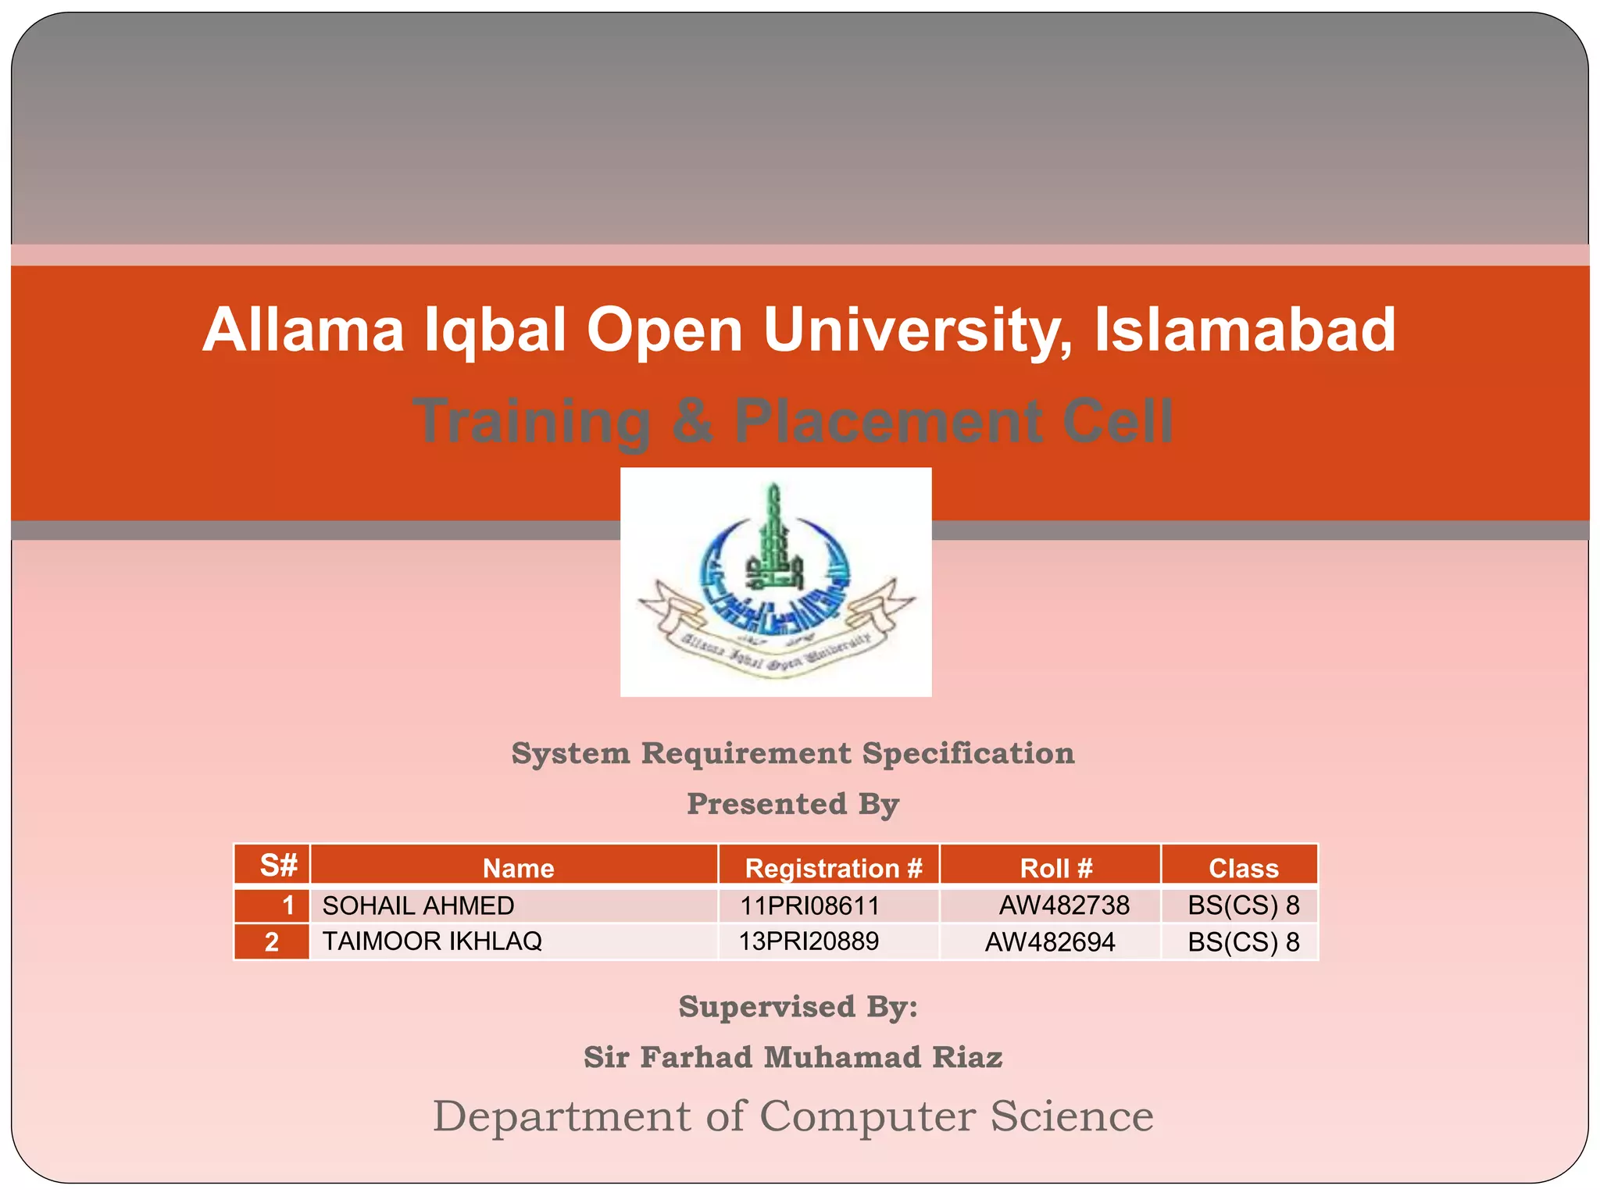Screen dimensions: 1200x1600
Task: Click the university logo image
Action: coord(775,581)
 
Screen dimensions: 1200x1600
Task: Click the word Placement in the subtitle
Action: coord(888,421)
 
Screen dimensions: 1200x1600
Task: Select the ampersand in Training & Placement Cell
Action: coord(692,421)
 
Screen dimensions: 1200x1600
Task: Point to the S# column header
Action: coord(278,866)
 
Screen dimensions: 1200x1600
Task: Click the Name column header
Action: coord(518,868)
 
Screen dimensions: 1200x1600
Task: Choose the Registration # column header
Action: coord(833,868)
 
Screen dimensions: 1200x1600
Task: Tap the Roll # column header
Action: coord(1055,868)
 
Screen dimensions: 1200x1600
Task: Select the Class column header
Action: coord(1243,868)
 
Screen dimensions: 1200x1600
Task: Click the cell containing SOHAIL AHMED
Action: coord(418,905)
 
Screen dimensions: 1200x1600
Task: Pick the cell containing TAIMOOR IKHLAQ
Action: coord(432,941)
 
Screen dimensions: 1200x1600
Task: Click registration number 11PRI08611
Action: coord(809,905)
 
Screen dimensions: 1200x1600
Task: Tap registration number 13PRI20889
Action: coord(809,941)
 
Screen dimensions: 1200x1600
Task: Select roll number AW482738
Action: coord(1063,905)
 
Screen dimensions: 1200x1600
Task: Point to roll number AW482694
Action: coord(1049,942)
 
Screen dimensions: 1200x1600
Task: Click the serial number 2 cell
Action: coord(272,942)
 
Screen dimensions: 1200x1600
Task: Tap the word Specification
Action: coord(968,754)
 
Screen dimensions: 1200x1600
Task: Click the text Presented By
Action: coord(793,804)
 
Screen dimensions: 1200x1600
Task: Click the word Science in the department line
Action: coord(1072,1116)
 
